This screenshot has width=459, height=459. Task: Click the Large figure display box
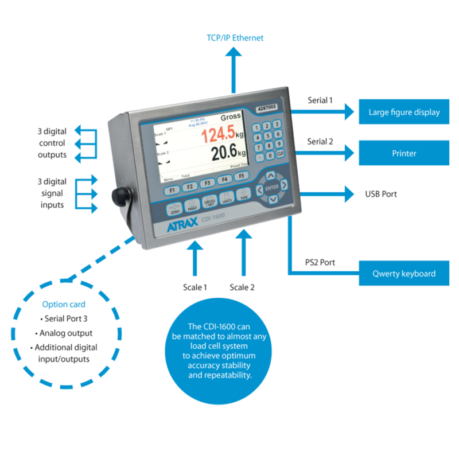pyautogui.click(x=404, y=112)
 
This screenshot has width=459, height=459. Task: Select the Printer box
pyautogui.click(x=404, y=153)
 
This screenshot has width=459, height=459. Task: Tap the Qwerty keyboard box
pyautogui.click(x=404, y=274)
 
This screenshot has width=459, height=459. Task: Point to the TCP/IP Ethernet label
pyautogui.click(x=235, y=38)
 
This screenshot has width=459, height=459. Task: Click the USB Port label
pyautogui.click(x=381, y=194)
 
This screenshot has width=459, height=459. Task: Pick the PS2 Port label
pyautogui.click(x=320, y=263)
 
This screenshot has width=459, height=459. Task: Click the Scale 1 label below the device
pyautogui.click(x=195, y=287)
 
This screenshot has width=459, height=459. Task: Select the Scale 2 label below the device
pyautogui.click(x=242, y=287)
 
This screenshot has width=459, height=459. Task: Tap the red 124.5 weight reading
pyautogui.click(x=213, y=135)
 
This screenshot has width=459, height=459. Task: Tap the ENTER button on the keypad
pyautogui.click(x=272, y=188)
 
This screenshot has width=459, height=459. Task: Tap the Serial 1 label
pyautogui.click(x=320, y=100)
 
